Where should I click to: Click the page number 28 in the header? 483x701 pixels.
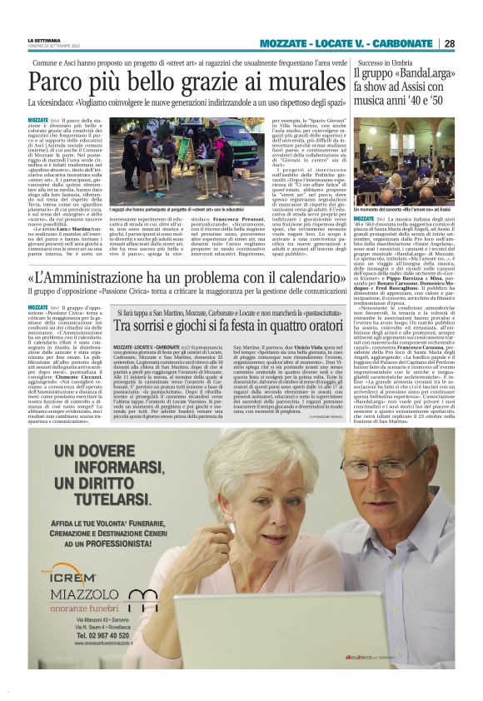click(449, 43)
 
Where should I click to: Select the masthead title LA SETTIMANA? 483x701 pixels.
click(44, 39)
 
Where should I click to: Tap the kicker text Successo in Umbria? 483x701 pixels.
click(386, 62)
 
